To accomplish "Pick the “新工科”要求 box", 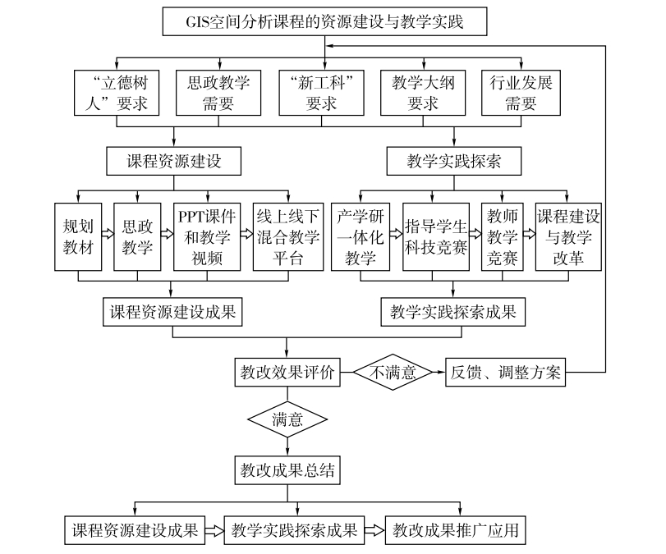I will pyautogui.click(x=321, y=93).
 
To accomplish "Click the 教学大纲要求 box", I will pyautogui.click(x=422, y=93).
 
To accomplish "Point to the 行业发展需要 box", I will pyautogui.click(x=521, y=93).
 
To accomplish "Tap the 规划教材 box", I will pyautogui.click(x=77, y=236).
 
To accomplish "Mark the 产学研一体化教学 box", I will pyautogui.click(x=361, y=236).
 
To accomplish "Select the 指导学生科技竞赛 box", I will pyautogui.click(x=435, y=236).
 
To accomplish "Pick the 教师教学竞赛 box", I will pyautogui.click(x=503, y=236).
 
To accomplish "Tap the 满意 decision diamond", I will pyautogui.click(x=287, y=419).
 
